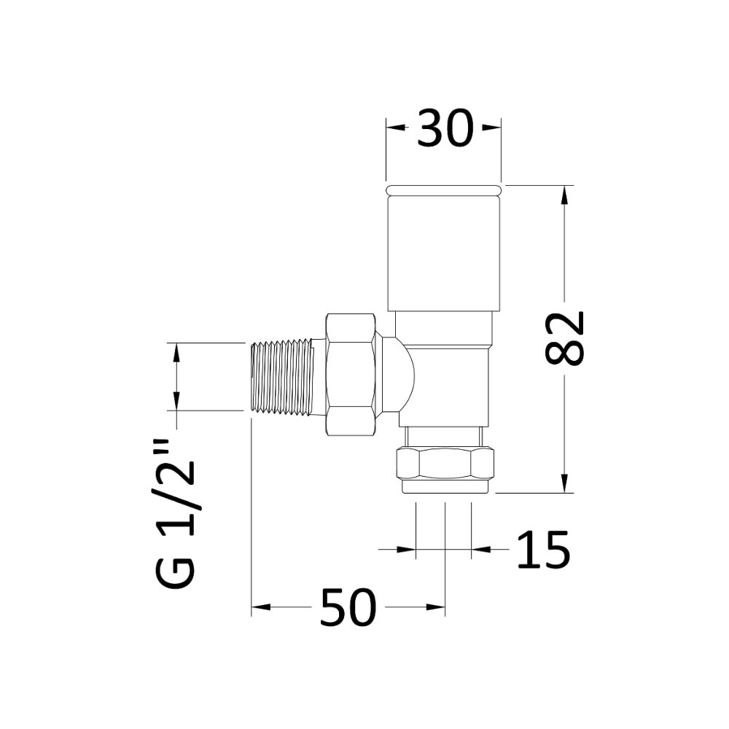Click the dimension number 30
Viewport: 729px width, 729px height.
pyautogui.click(x=444, y=130)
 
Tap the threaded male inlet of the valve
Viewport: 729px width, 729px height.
pyautogui.click(x=281, y=377)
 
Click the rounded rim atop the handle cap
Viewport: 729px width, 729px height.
pyautogui.click(x=443, y=190)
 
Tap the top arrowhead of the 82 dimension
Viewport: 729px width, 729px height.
pyautogui.click(x=564, y=194)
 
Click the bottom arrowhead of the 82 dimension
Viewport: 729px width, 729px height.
pyautogui.click(x=564, y=484)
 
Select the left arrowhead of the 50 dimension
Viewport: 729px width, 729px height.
pyautogui.click(x=260, y=607)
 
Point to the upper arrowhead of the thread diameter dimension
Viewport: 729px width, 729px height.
pyautogui.click(x=176, y=351)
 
